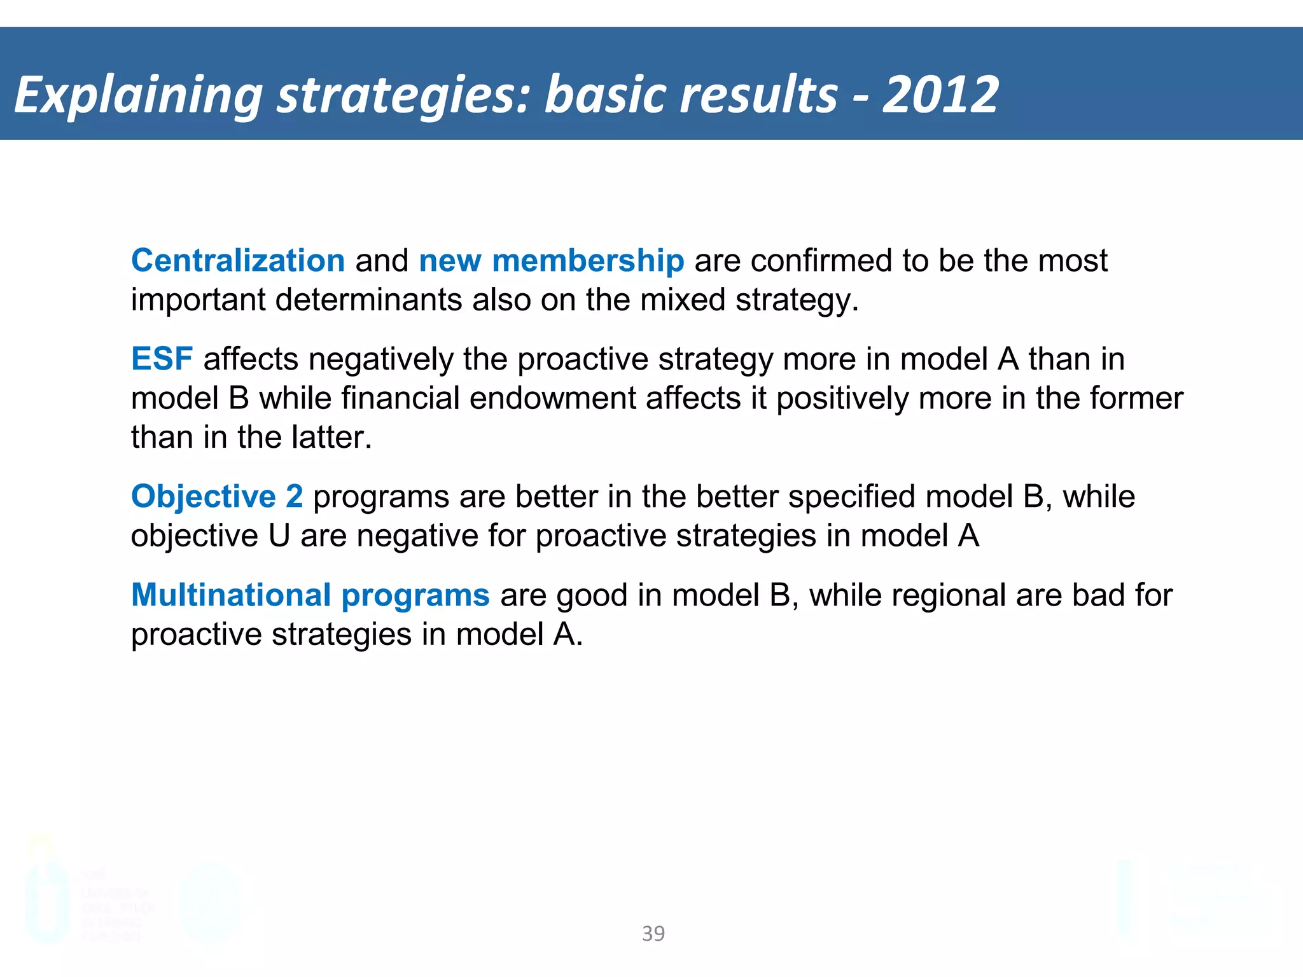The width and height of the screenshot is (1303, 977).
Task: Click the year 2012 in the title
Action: tap(940, 94)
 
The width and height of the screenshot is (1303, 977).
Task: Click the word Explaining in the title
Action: tap(138, 95)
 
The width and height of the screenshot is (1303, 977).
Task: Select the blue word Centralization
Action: tap(238, 261)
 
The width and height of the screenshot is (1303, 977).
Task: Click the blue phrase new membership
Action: tap(551, 261)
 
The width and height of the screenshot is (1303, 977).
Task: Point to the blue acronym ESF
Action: tap(162, 359)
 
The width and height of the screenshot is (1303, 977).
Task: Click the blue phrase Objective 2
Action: tap(217, 496)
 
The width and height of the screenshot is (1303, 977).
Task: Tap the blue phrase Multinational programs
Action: tap(310, 595)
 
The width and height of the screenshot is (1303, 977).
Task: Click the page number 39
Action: tap(653, 934)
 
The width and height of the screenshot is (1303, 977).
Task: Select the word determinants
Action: tap(368, 300)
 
